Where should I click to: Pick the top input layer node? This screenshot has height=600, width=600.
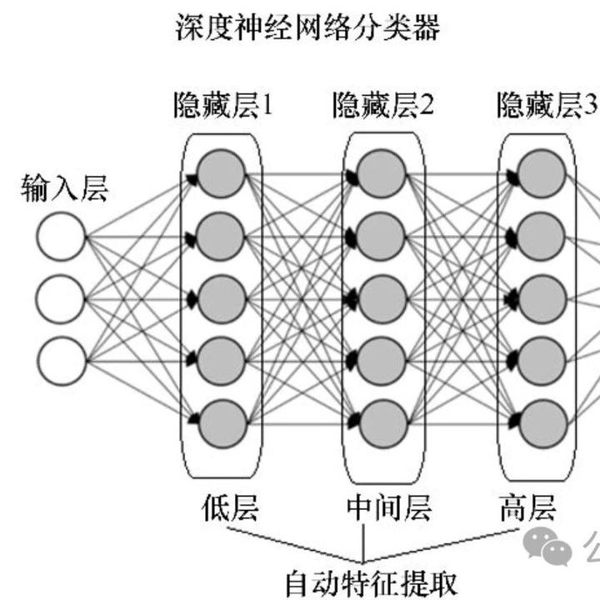point(62,237)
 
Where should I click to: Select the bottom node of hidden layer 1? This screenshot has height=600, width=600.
point(222,423)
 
